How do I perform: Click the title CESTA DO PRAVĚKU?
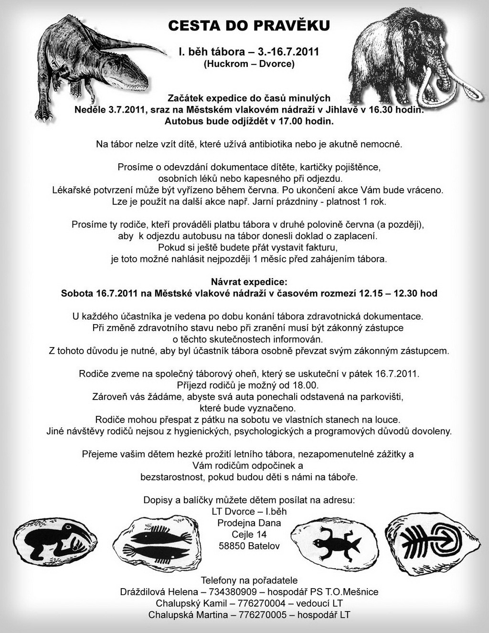pyautogui.click(x=249, y=26)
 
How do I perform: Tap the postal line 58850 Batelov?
pyautogui.click(x=249, y=546)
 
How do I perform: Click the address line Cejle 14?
pyautogui.click(x=249, y=534)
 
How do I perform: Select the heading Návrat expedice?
pyautogui.click(x=249, y=282)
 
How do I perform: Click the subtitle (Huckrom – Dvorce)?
pyautogui.click(x=249, y=63)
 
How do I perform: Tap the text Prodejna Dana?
pyautogui.click(x=249, y=523)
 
